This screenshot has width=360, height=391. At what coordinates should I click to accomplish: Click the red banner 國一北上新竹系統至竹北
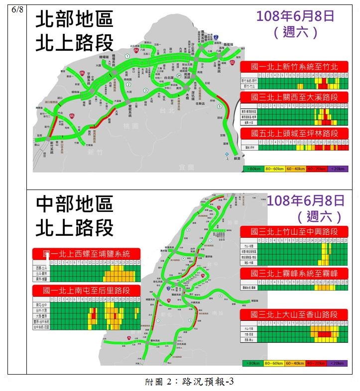click(x=296, y=67)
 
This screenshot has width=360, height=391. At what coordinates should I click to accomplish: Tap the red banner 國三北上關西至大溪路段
click(x=296, y=97)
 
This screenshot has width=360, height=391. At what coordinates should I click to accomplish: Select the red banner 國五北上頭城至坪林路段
click(x=296, y=133)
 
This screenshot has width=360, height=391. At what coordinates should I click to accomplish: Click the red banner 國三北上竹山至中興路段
click(x=296, y=231)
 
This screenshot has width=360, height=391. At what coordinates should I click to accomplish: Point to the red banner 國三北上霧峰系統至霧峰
click(x=296, y=273)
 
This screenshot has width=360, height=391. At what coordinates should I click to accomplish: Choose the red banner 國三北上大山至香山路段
click(x=296, y=314)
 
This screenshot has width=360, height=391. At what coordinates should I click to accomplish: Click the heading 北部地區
click(x=74, y=20)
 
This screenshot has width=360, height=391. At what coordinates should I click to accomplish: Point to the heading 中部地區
click(x=74, y=203)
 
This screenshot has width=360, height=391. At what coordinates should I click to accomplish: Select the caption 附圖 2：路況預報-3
click(x=189, y=382)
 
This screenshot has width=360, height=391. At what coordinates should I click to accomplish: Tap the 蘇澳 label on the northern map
click(x=237, y=158)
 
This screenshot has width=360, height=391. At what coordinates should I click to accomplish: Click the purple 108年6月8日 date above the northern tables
click(x=295, y=15)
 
